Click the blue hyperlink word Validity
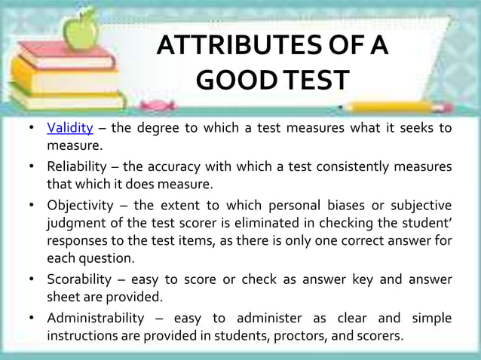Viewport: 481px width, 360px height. tap(70, 127)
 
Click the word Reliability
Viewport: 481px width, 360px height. tap(78, 166)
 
